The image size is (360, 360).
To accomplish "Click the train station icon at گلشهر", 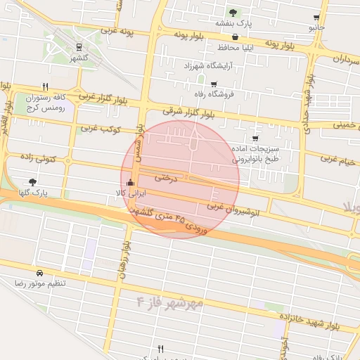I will pos(78,48).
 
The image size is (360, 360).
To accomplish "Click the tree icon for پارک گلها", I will pos(33,182).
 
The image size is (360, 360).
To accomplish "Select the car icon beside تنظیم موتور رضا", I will pos(39,272).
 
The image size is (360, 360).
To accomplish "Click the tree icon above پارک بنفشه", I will pos(233,13).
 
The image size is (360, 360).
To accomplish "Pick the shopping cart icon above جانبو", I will pos(317,18).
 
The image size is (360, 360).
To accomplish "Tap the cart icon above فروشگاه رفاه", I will pos(213,84).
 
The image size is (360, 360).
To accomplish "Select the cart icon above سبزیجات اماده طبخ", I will pos(255,139).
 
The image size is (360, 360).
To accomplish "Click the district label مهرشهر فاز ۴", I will pos(172,302).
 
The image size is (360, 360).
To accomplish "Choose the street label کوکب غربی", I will pos(101,129).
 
